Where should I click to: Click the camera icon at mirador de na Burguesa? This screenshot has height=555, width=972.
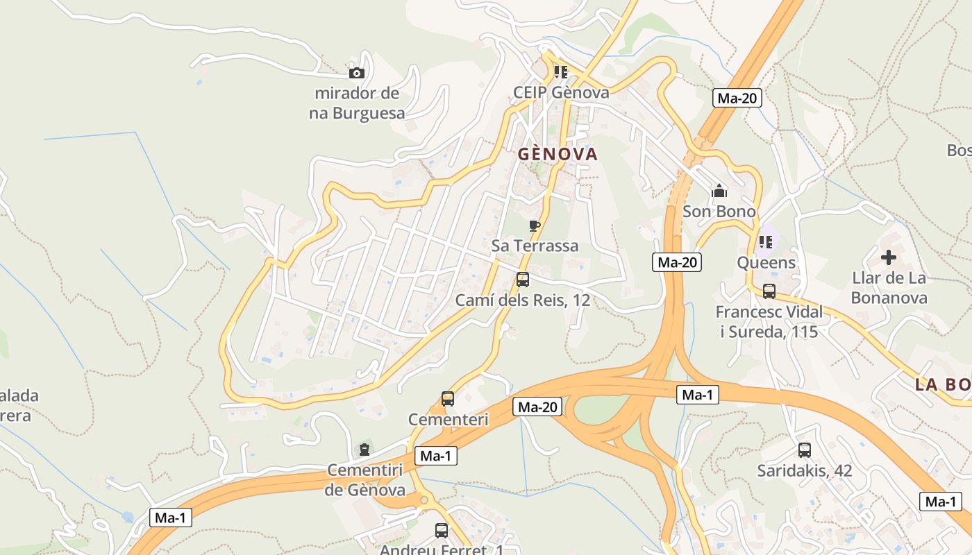356,73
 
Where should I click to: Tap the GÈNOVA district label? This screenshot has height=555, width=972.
558,154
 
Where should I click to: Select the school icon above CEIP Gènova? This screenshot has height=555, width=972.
561,72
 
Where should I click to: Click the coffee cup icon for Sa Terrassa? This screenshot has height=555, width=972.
534,225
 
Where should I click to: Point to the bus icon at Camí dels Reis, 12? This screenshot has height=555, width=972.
523,280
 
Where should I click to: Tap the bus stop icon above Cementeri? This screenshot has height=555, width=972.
448,399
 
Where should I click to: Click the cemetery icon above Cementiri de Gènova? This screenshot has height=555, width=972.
364,450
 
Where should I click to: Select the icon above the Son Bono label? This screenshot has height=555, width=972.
719,191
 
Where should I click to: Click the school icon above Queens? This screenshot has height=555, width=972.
766,242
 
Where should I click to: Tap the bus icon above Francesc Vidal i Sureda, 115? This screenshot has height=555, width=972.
769,291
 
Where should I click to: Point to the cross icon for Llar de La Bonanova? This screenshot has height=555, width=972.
889,258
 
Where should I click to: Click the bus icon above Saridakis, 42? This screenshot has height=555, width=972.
805,450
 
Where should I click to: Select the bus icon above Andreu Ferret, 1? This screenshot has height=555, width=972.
442,531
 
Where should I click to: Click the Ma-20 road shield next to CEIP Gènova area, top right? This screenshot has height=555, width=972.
737,98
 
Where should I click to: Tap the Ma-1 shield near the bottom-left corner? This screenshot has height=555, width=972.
170,518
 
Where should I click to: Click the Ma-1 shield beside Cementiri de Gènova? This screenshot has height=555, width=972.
435,456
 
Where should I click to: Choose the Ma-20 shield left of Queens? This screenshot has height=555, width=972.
676,262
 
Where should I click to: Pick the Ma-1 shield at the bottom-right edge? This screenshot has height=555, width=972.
941,502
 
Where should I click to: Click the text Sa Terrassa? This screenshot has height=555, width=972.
535,246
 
